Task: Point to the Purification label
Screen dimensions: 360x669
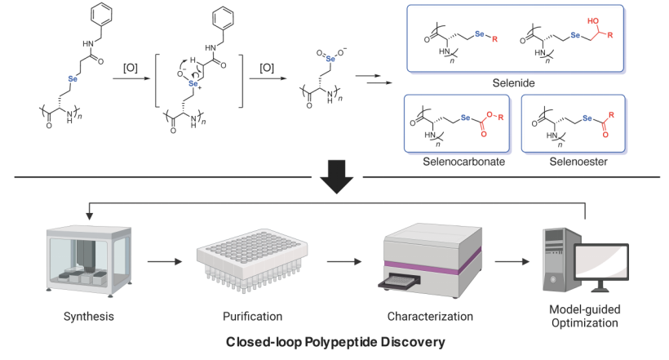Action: pyautogui.click(x=252, y=315)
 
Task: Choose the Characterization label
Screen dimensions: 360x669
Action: pyautogui.click(x=430, y=315)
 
